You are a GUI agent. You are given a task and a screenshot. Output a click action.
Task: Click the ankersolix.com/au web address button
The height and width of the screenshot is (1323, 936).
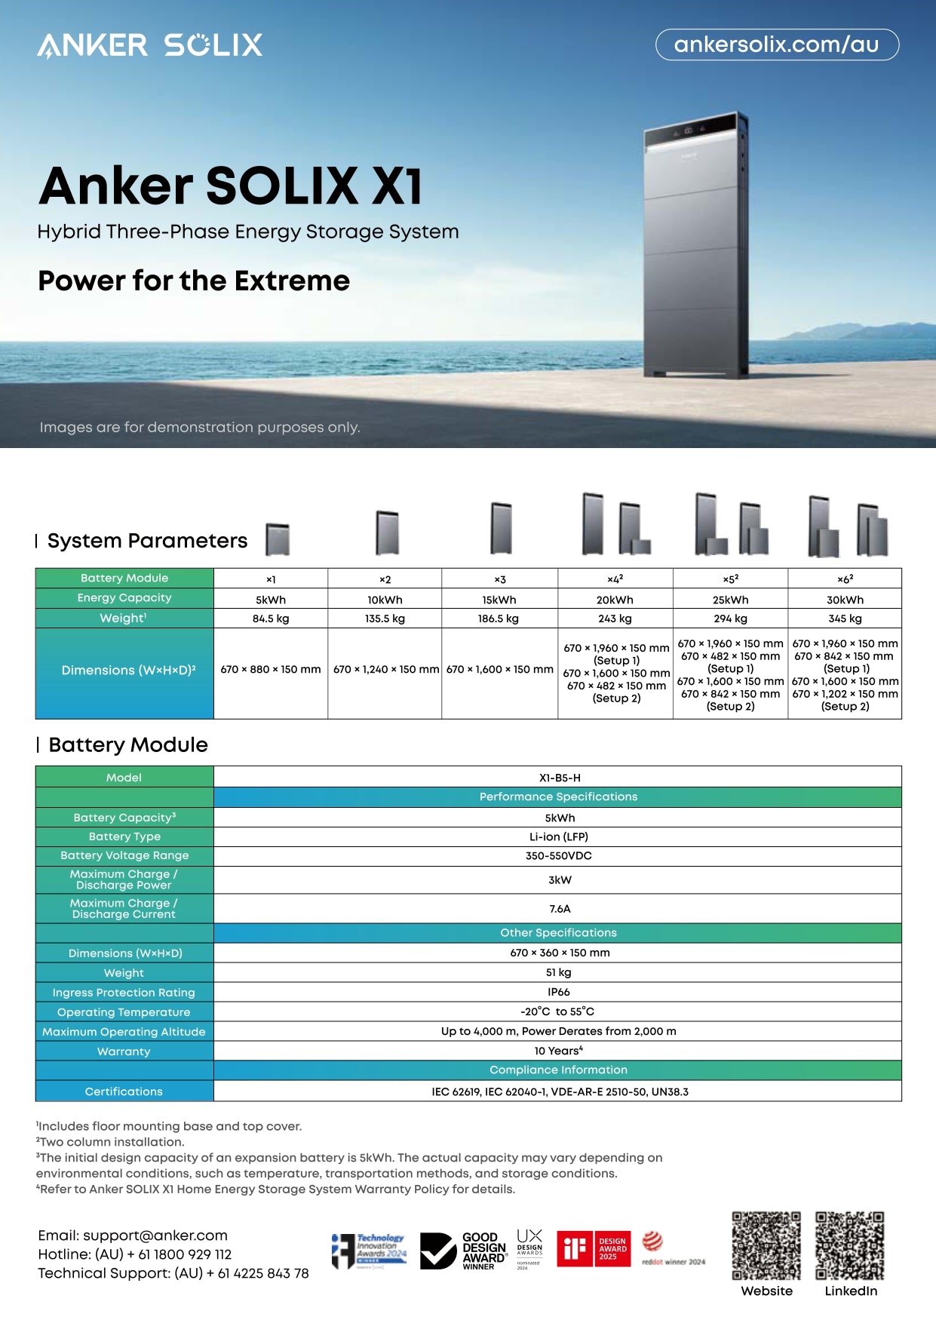[777, 45]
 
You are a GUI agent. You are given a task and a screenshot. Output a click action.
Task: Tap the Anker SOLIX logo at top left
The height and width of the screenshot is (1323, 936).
[150, 45]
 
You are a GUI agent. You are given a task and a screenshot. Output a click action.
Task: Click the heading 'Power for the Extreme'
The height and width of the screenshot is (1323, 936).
[194, 281]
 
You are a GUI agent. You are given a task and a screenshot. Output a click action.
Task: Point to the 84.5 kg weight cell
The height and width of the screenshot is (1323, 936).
[271, 619]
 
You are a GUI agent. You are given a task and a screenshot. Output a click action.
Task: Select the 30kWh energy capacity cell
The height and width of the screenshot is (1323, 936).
[845, 600]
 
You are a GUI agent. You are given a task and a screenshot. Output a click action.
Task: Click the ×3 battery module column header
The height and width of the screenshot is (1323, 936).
[499, 579]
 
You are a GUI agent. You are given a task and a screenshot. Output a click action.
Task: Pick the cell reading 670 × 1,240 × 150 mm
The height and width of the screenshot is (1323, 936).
[385, 669]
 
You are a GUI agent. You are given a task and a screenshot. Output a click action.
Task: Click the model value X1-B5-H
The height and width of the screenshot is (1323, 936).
[560, 778]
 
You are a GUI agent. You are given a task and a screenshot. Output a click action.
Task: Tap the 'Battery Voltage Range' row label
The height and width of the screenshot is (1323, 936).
[124, 855]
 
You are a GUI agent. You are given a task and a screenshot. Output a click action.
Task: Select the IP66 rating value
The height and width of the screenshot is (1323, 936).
[559, 992]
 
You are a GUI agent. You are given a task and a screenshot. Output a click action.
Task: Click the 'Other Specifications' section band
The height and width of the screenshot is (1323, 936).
[558, 933]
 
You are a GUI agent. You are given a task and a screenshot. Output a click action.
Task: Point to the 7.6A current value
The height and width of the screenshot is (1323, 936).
[560, 909]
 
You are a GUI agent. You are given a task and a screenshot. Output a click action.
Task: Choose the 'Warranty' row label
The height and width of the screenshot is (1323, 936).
[124, 1051]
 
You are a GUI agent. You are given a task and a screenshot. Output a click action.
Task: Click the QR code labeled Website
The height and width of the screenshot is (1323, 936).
[766, 1245]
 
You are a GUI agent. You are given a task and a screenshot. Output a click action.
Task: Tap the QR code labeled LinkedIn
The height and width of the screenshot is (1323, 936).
[849, 1245]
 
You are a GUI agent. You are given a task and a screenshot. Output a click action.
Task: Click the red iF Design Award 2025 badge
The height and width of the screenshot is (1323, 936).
[594, 1248]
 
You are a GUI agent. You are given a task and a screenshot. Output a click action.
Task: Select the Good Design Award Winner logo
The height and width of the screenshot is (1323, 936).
[463, 1251]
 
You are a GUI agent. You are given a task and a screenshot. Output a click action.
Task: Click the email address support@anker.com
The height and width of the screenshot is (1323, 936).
[155, 1236]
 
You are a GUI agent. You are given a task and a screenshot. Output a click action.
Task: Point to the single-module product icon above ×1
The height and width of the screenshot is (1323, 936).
[278, 539]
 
